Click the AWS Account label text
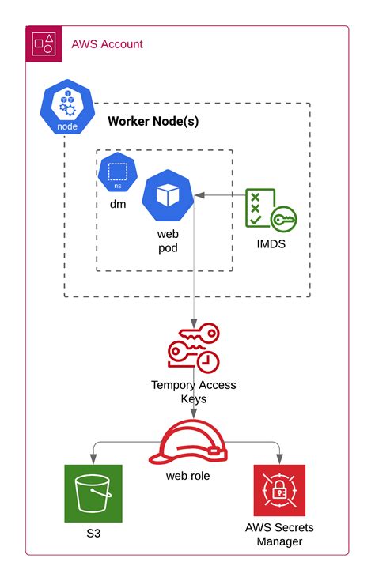point(107,44)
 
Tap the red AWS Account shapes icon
point(44,43)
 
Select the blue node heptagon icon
point(66,110)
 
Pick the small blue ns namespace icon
point(118,172)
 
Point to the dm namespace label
point(118,203)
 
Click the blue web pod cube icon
point(168,194)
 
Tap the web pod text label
point(168,240)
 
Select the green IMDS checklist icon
point(270,209)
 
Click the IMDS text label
point(270,244)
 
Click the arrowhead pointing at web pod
point(199,194)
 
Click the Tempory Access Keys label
point(193,392)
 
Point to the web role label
point(188,477)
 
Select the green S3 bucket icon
point(93,493)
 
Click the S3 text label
point(93,534)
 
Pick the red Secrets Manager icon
point(279,492)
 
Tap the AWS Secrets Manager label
point(279,534)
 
